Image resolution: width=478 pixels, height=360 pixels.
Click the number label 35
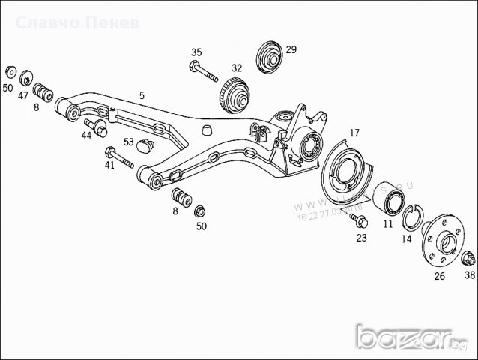[x=196, y=52]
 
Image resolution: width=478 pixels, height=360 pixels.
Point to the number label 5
[x=141, y=95]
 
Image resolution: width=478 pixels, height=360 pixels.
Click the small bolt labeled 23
[x=361, y=222]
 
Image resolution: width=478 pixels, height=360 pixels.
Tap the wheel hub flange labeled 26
[x=443, y=238]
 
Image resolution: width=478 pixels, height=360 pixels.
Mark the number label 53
[x=129, y=140]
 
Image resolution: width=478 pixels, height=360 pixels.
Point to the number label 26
[x=439, y=276]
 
